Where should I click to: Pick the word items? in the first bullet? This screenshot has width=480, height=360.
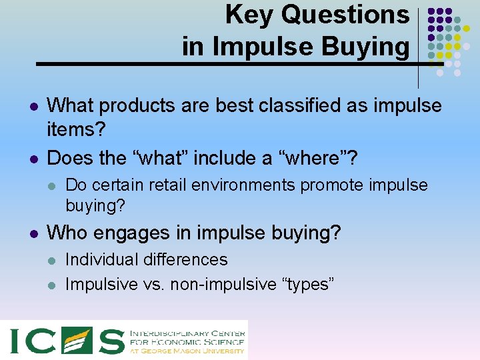(x=77, y=131)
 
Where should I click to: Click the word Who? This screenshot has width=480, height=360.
(x=69, y=233)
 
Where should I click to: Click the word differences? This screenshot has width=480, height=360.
(x=189, y=259)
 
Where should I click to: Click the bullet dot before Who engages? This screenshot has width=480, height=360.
(x=33, y=233)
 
